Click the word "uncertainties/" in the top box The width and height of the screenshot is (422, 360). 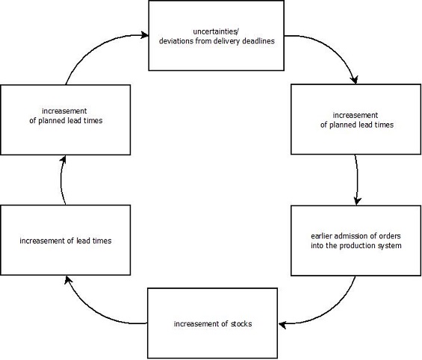click(x=216, y=32)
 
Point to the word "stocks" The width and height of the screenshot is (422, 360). click(x=241, y=323)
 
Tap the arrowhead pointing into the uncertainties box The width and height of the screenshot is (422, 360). click(x=144, y=35)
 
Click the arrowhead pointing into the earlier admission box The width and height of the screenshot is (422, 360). click(x=357, y=201)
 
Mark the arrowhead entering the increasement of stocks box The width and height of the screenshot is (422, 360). click(x=282, y=324)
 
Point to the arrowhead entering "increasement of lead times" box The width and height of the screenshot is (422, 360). click(x=68, y=280)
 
